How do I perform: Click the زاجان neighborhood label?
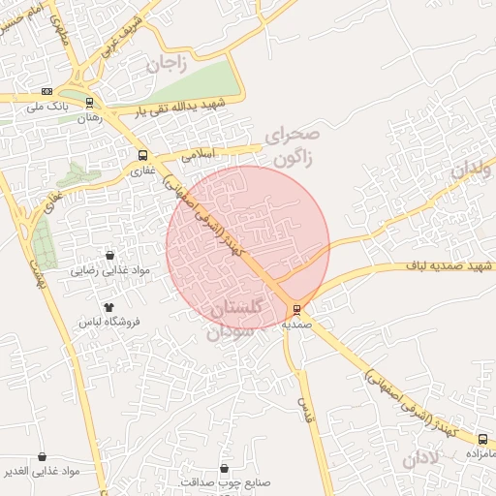(166, 65)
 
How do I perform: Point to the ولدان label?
(472, 170)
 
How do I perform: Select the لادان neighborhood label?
(421, 457)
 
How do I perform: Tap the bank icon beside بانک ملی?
(47, 91)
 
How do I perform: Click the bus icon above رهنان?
(90, 102)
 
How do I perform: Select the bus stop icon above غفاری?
(143, 155)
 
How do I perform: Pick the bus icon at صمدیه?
(296, 310)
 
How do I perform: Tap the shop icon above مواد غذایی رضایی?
(109, 256)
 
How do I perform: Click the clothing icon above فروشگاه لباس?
(108, 306)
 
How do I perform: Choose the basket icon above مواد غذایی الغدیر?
(43, 456)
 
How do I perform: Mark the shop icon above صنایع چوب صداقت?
(225, 468)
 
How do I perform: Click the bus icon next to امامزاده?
(483, 439)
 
